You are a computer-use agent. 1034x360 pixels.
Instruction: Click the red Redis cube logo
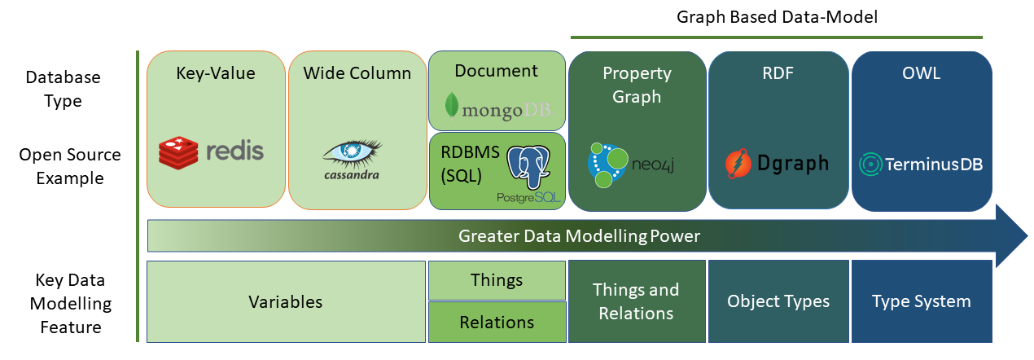click(x=178, y=153)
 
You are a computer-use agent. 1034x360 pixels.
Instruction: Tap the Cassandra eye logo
click(x=351, y=151)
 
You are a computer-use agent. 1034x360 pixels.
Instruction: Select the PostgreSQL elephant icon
click(x=528, y=168)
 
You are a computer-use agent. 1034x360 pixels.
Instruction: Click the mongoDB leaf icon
click(x=451, y=106)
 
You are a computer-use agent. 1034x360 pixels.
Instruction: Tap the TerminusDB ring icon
click(x=869, y=164)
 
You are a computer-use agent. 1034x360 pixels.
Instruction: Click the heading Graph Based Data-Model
click(x=777, y=17)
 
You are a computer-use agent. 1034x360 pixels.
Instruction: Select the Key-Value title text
click(x=216, y=73)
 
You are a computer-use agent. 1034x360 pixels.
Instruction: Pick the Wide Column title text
click(x=357, y=73)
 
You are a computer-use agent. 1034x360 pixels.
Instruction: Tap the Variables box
click(x=286, y=301)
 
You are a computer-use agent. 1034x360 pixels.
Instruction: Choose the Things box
click(x=497, y=280)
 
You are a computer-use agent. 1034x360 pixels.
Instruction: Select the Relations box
click(x=497, y=322)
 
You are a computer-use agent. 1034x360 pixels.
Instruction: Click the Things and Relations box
click(x=637, y=301)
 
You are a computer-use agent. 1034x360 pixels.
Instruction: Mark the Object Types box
click(x=778, y=301)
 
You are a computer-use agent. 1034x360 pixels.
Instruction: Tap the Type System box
click(x=921, y=301)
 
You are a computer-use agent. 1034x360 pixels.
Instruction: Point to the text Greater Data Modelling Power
click(x=579, y=236)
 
